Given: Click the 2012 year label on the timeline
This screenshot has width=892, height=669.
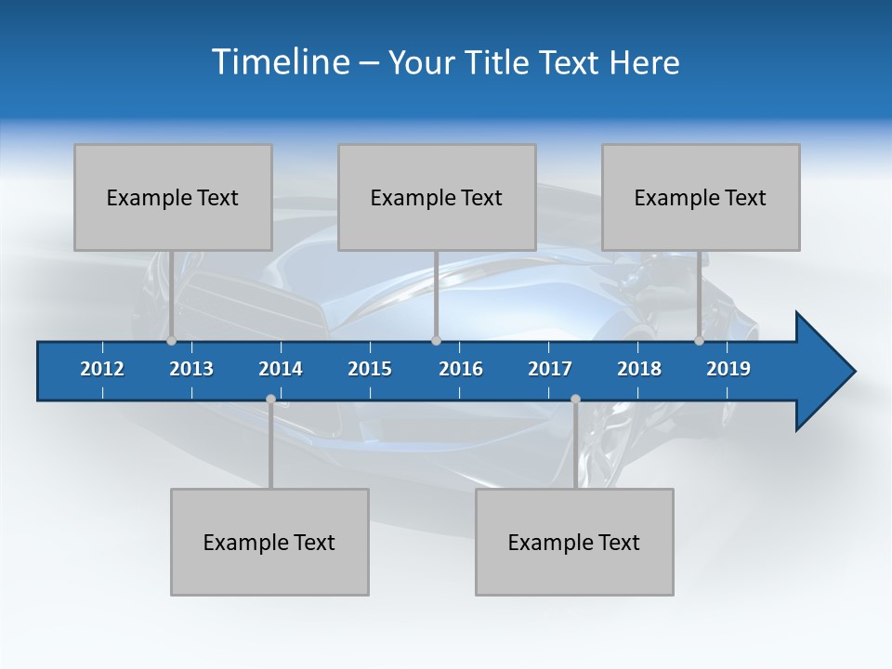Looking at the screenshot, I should pyautogui.click(x=102, y=369).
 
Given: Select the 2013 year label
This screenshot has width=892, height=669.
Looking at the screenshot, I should pyautogui.click(x=191, y=369).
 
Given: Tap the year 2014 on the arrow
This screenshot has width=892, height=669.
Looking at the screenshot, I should pyautogui.click(x=281, y=369).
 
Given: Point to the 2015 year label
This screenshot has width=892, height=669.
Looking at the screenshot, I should pyautogui.click(x=370, y=369).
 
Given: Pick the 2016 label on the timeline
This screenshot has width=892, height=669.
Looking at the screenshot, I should pyautogui.click(x=461, y=369).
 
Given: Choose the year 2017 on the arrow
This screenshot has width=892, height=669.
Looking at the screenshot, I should pyautogui.click(x=550, y=369).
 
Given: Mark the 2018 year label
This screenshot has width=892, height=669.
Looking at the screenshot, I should pyautogui.click(x=639, y=369).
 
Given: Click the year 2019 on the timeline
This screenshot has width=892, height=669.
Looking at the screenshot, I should pyautogui.click(x=728, y=369).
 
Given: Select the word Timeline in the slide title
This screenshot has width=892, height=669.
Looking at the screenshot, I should pyautogui.click(x=280, y=62).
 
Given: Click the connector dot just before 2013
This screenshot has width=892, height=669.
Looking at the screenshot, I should pyautogui.click(x=171, y=341).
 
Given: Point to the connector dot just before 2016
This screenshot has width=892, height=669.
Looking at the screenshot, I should pyautogui.click(x=436, y=341).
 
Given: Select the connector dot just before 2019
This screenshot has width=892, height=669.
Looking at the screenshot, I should pyautogui.click(x=700, y=341).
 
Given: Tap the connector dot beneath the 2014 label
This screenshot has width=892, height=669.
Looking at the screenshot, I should pyautogui.click(x=270, y=400).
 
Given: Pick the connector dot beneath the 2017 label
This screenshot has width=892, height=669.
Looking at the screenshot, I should pyautogui.click(x=575, y=400).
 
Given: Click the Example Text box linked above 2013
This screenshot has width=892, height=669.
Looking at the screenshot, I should pyautogui.click(x=173, y=197).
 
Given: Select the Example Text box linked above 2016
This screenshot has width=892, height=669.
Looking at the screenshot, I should pyautogui.click(x=437, y=197).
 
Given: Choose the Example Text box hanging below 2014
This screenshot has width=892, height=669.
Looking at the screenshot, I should pyautogui.click(x=269, y=542).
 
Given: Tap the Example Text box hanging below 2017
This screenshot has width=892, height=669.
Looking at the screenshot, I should pyautogui.click(x=574, y=542).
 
